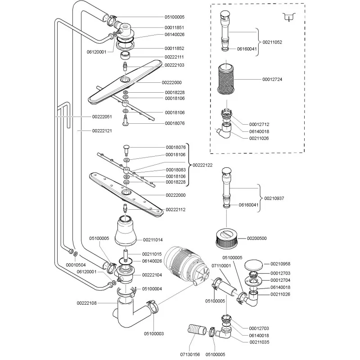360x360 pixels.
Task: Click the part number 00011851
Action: (x=175, y=27)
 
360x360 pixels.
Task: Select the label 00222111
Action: (x=175, y=57)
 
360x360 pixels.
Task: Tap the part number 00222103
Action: (x=175, y=65)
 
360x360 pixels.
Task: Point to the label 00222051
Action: (x=101, y=117)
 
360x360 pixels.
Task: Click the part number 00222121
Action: (x=101, y=130)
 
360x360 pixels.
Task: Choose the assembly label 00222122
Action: (x=203, y=165)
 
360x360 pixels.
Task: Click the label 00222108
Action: (x=86, y=303)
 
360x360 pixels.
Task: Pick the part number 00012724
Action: (x=273, y=80)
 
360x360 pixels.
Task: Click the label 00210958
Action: (x=280, y=264)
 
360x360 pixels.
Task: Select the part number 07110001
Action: (x=221, y=266)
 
